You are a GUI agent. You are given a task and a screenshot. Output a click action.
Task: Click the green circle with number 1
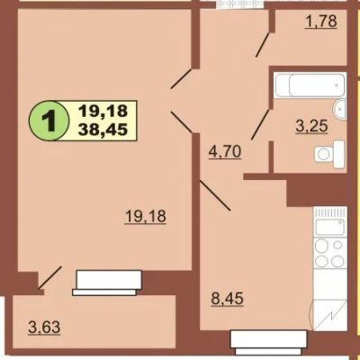pos(47,121)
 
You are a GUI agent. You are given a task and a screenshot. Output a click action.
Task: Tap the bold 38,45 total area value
pos(103,130)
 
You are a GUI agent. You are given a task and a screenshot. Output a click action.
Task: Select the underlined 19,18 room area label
pos(146,217)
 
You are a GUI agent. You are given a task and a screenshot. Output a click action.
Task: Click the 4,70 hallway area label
pos(225,152)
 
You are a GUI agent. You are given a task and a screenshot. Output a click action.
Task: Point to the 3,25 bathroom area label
pos(311,126)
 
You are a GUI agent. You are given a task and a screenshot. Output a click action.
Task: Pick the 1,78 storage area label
pos(321,22)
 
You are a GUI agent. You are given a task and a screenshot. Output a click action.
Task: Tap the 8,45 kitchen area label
pos(227,299)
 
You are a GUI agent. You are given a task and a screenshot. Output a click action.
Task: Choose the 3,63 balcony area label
pos(44,327)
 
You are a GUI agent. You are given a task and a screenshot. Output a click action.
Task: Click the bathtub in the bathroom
pos(310,85)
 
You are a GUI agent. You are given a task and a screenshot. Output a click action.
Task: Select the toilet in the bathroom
pos(329,155)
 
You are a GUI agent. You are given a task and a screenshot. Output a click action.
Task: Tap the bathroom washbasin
pos(340,110)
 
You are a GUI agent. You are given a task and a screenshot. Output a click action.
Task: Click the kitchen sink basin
pos(329,228)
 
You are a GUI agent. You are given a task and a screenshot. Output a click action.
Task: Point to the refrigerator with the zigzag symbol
pos(328,315)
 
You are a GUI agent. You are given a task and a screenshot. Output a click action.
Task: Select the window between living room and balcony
pos(108,283)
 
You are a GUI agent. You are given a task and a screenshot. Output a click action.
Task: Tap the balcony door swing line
pos(49,278)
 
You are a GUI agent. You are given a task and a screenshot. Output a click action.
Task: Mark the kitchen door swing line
pos(215,195)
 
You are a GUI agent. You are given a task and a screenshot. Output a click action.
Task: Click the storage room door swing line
pos(263,44)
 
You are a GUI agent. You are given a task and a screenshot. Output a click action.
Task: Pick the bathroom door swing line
pos(260,124)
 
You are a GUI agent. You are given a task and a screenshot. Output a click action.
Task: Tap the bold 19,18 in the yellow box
pos(103,112)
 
